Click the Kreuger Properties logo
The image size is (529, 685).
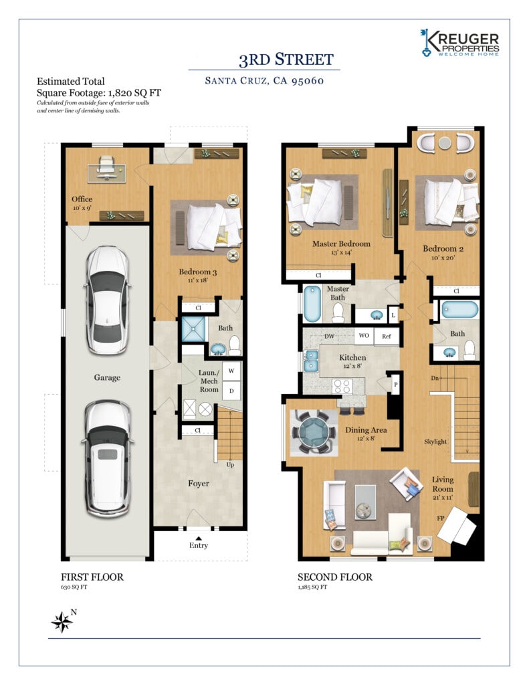pos(459,43)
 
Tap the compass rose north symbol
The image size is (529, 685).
pos(62,621)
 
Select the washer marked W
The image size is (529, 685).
pos(231,371)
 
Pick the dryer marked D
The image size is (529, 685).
pos(231,391)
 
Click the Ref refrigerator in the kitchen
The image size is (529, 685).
pos(386,336)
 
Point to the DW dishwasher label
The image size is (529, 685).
pos(329,336)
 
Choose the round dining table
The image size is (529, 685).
pos(314,432)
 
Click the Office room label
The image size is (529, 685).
pos(82,199)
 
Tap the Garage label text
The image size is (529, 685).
pos(107,377)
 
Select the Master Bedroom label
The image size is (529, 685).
pos(341,243)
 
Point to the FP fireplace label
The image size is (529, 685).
pos(440,518)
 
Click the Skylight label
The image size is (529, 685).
pos(435,442)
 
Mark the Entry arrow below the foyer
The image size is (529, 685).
pos(199,539)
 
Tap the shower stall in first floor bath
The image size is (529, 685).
pos(193,330)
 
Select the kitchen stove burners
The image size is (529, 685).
pos(342,386)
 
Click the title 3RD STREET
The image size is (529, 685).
pos(286,60)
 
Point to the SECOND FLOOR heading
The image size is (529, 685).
pos(335,577)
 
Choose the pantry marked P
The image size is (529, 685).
pos(396,385)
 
